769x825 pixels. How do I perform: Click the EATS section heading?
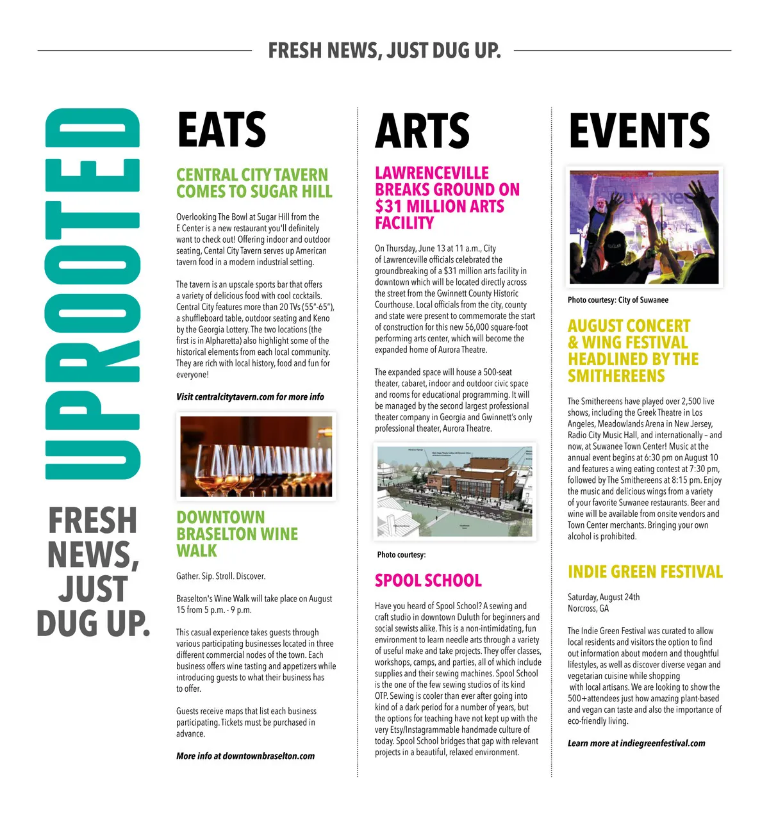221,129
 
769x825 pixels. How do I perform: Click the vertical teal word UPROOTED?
92,293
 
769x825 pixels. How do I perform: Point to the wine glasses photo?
256,456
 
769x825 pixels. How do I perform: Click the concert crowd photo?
644,227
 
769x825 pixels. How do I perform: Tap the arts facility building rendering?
455,491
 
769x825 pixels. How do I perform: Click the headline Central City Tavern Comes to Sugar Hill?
254,183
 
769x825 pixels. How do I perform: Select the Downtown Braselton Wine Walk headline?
236,534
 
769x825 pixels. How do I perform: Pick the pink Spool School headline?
428,580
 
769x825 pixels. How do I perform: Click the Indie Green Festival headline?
645,571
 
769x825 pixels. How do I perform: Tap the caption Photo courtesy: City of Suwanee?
618,300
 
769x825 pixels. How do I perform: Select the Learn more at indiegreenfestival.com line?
636,743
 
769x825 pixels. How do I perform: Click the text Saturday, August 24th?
603,597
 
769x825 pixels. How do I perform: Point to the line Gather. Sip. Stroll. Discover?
220,576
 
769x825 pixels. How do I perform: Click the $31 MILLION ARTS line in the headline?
439,206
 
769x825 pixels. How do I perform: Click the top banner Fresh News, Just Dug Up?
384,50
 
